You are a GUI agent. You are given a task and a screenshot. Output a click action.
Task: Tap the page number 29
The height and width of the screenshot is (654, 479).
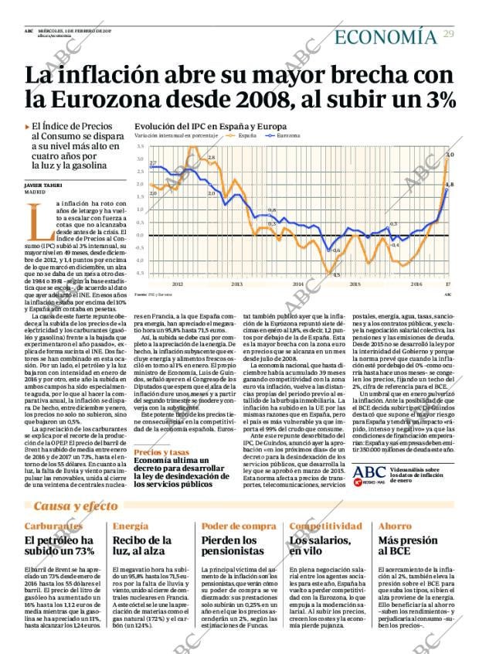(448, 35)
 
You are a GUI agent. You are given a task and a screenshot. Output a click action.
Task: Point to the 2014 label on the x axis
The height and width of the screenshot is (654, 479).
(297, 284)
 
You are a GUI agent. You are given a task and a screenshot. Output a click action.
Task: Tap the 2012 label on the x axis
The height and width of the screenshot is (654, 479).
(178, 284)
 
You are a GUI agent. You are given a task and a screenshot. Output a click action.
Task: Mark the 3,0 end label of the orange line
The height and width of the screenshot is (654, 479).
(450, 155)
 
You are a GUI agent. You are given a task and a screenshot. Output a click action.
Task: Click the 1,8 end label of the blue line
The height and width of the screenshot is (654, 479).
(450, 185)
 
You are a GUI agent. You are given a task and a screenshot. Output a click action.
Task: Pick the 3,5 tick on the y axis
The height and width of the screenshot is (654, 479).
(140, 145)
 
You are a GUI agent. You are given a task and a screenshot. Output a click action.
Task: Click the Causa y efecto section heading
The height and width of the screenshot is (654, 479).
(74, 506)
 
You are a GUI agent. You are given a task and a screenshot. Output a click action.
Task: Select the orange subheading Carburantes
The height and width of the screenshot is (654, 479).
(54, 526)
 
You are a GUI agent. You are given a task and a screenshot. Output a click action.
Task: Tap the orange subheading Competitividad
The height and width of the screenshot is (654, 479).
(324, 526)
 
